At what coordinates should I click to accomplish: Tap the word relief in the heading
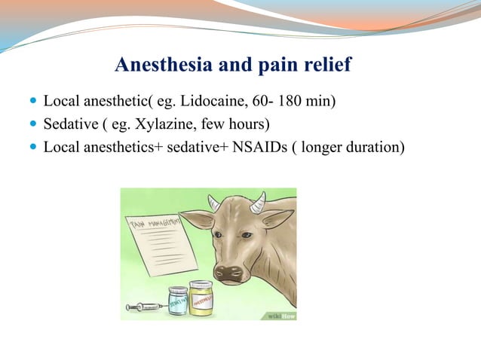[325, 66]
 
